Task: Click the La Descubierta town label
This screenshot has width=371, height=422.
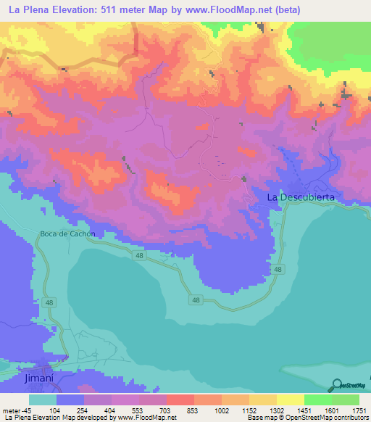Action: click(301, 196)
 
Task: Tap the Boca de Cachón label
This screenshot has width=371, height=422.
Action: click(67, 233)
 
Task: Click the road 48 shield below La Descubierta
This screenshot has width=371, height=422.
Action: click(278, 269)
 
